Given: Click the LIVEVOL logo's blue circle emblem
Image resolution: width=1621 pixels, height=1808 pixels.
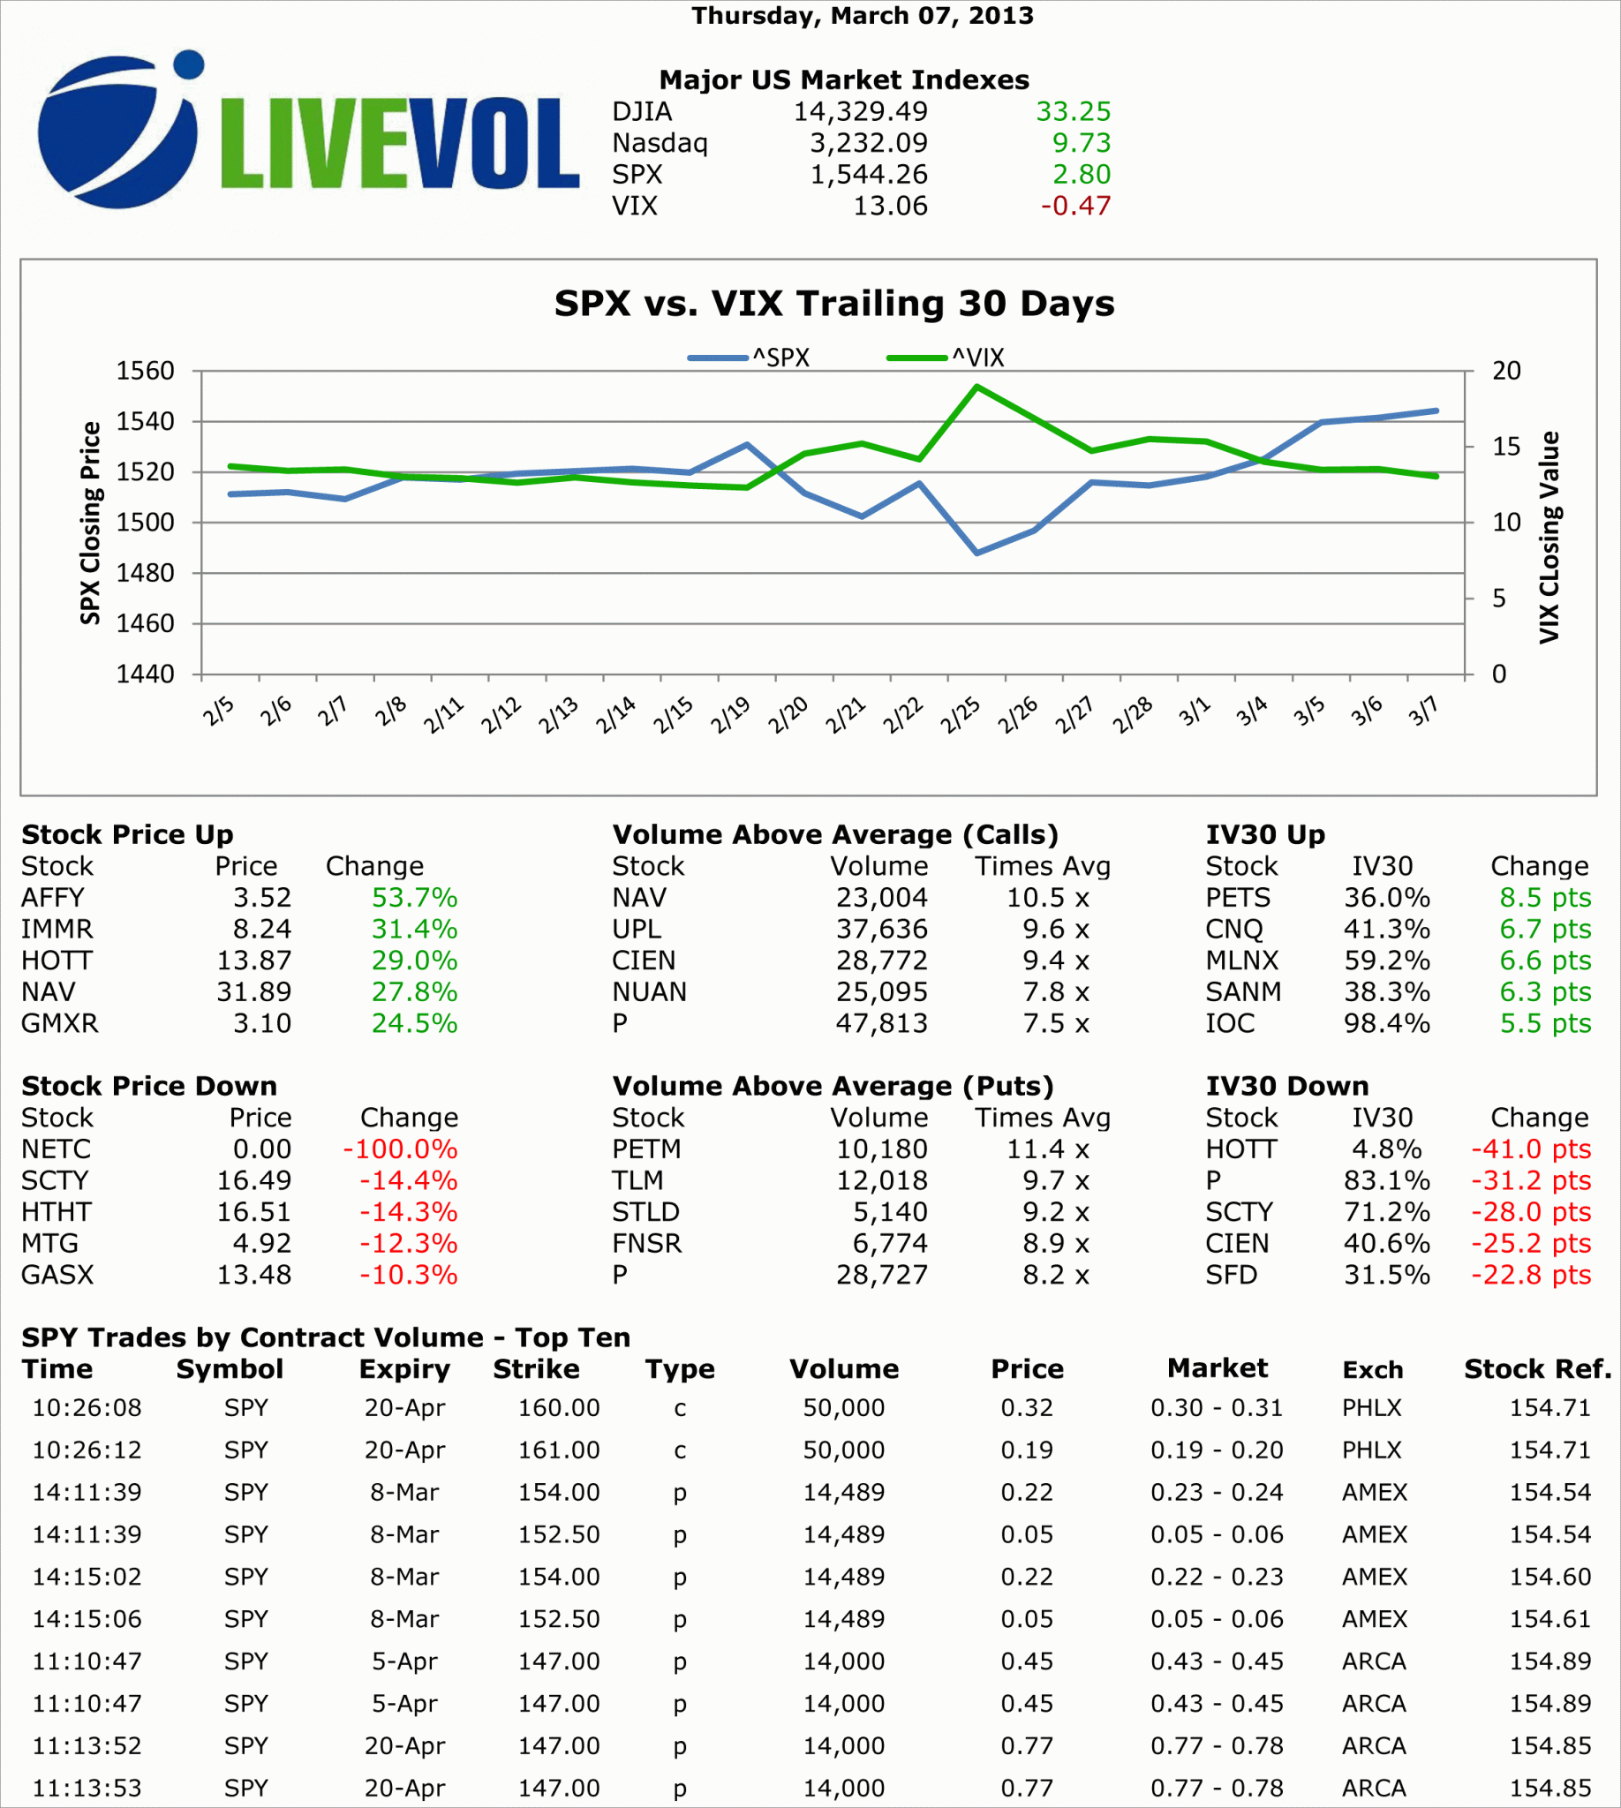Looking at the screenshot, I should click(116, 133).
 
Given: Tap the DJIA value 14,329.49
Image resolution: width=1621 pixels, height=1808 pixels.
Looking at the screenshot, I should click(860, 111).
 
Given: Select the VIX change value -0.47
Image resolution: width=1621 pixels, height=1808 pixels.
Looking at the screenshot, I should click(1076, 206).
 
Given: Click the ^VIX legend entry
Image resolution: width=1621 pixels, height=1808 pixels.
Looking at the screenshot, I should click(946, 358).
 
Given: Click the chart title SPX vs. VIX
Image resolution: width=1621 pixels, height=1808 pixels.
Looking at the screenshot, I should click(833, 304).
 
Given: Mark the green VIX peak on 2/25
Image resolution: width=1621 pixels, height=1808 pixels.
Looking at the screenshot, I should click(977, 387).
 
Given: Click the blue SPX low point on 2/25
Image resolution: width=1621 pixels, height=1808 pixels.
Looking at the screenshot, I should click(977, 554).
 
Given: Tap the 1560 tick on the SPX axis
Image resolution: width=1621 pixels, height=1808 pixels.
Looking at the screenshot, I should click(145, 371).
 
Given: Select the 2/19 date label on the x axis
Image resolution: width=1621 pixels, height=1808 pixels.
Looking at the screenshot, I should click(730, 714).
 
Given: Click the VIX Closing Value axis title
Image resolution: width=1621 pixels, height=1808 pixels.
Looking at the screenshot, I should click(1549, 537).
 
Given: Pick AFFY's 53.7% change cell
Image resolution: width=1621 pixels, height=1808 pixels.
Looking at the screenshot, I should click(414, 898).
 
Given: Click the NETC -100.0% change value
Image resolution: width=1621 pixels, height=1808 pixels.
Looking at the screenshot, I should click(400, 1149).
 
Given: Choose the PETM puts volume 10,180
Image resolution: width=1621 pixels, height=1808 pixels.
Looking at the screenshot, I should click(882, 1149).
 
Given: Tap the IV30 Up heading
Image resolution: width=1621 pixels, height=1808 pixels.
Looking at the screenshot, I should click(1264, 834).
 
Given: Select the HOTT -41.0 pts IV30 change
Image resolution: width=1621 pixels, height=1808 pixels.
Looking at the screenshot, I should click(1530, 1149).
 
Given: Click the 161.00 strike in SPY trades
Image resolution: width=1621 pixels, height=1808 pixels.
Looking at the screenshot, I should click(559, 1450).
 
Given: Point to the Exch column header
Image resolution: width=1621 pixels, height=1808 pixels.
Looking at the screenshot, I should click(1373, 1370).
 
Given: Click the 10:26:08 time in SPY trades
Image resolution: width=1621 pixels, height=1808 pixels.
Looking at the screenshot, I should click(87, 1408).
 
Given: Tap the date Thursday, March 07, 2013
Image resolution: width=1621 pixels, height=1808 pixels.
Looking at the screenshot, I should click(863, 16).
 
